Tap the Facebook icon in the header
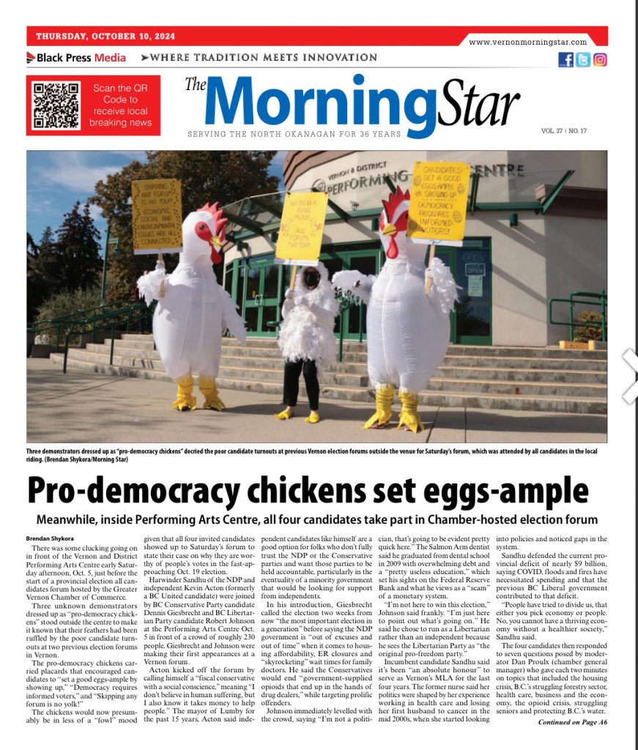tap(565, 60)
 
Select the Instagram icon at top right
tap(600, 60)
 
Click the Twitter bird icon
tap(583, 60)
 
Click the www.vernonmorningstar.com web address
tap(527, 42)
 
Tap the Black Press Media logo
tap(76, 58)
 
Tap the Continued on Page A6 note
tap(572, 722)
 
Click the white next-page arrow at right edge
tap(629, 376)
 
